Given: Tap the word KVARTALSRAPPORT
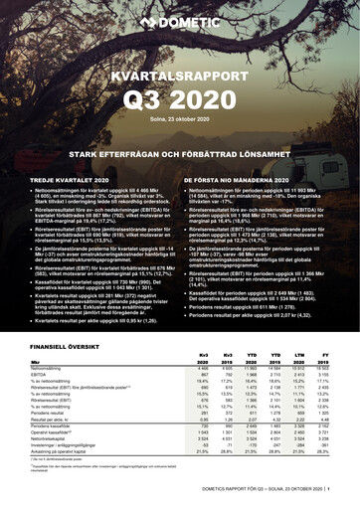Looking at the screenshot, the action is [x=180, y=75].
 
